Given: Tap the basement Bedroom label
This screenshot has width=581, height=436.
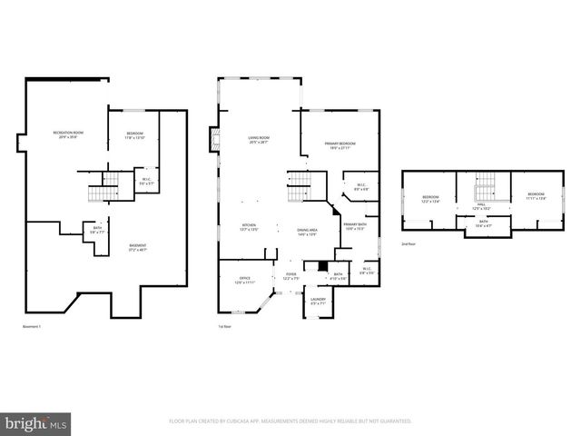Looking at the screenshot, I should click(134, 135).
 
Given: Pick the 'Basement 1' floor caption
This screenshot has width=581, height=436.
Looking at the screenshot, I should click(33, 326).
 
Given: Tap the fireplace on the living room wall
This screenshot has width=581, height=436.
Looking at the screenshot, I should click(216, 140).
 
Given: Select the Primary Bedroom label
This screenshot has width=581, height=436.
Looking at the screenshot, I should click(340, 147).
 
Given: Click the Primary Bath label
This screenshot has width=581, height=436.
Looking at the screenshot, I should click(354, 226).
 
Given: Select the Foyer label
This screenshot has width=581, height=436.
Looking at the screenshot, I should click(290, 275).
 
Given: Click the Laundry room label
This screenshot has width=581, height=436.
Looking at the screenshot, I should click(318, 301).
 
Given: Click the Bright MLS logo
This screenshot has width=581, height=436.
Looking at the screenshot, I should click(37, 422).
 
